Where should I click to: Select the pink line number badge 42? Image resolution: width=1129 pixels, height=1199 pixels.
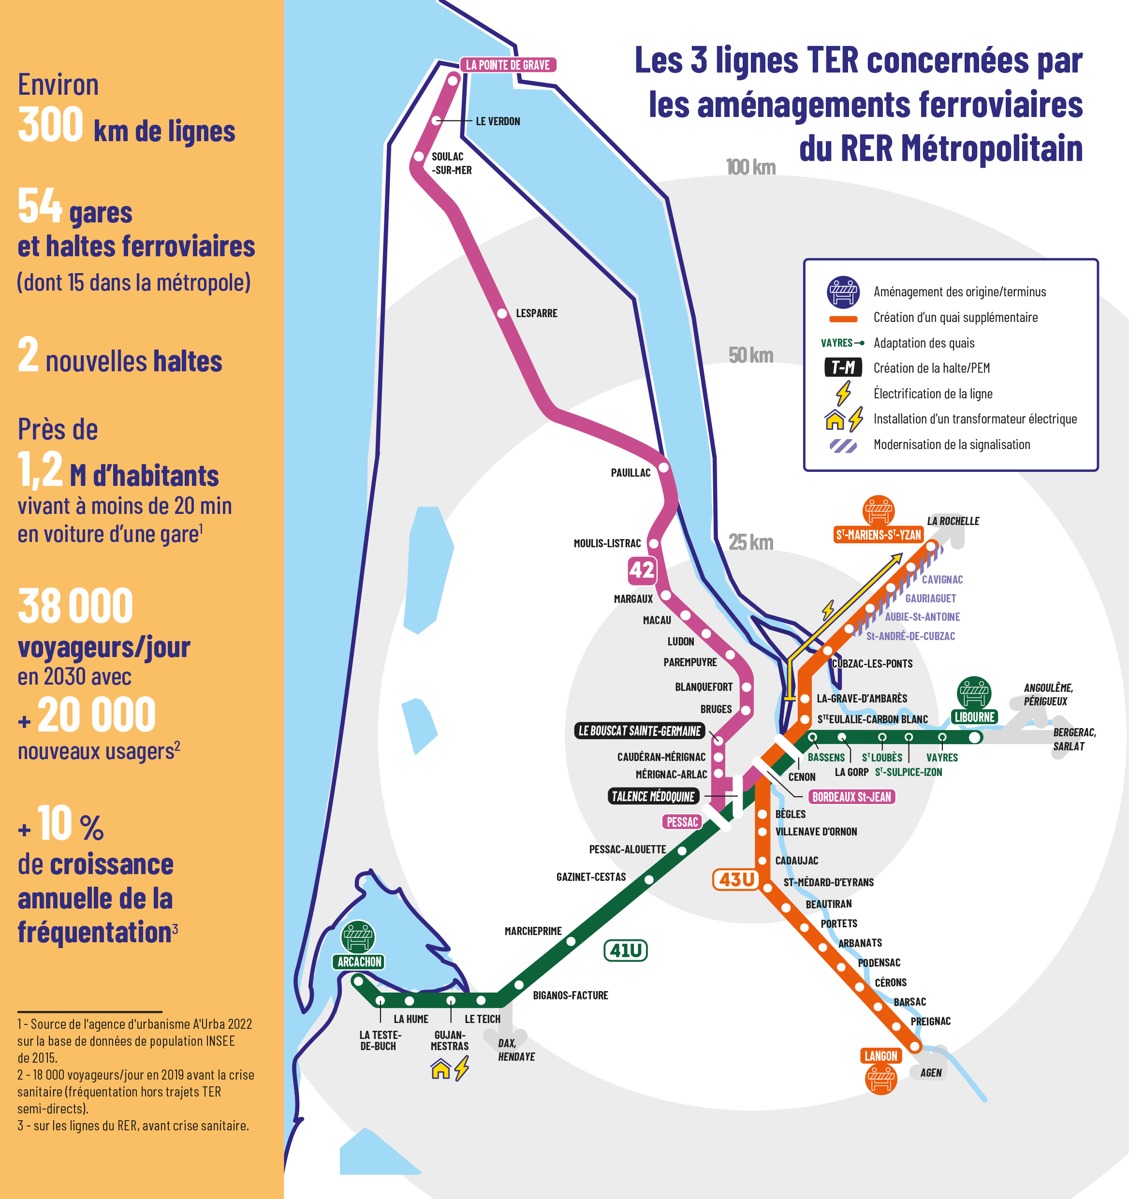tap(641, 570)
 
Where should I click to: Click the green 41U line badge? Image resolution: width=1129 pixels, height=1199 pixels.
tap(625, 950)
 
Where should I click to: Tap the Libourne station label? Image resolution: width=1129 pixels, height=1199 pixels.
tap(974, 717)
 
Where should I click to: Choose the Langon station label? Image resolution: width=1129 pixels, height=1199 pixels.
tap(880, 1056)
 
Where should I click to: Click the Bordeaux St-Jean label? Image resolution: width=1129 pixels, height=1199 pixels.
tap(851, 797)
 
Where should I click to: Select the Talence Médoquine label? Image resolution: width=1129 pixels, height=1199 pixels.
tap(653, 797)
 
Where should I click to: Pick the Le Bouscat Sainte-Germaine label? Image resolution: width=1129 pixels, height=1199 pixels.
tap(639, 731)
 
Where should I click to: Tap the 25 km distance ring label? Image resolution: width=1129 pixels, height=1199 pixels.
tap(750, 542)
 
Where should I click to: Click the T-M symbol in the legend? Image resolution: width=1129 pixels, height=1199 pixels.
tap(843, 367)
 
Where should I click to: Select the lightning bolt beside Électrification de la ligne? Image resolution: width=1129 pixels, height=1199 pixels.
tap(843, 393)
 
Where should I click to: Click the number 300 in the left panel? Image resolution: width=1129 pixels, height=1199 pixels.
tap(51, 125)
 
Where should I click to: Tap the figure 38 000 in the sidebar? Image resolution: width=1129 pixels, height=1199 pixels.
tap(75, 607)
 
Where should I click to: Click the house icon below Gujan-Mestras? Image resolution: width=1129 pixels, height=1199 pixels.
tap(441, 1069)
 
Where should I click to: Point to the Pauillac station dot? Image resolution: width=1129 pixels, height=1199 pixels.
tap(663, 468)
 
